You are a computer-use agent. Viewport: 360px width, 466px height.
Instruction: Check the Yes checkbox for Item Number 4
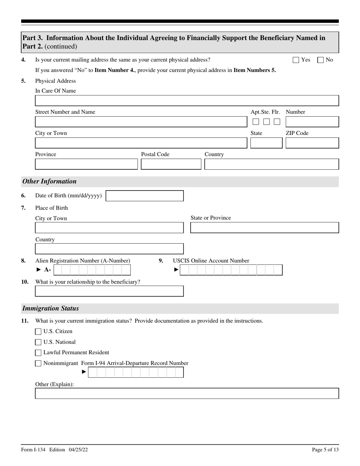pos(296,60)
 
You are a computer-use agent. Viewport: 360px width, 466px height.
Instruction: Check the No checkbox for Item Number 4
pos(320,60)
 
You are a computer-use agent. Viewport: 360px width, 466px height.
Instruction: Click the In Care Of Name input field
pos(187,101)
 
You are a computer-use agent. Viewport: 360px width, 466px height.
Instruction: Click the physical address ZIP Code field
pos(312,143)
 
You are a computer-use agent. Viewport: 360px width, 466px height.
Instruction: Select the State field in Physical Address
pos(266,143)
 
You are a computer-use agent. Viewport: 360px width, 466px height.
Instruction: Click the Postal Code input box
pos(171,164)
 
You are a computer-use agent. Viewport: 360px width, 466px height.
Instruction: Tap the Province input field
pos(86,164)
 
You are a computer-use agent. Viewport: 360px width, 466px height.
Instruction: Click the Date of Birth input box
pos(144,196)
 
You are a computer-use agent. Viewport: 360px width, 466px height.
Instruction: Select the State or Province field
pos(264,228)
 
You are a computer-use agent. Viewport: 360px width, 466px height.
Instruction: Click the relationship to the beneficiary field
pos(109,291)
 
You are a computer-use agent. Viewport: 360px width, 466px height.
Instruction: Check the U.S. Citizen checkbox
pos(38,332)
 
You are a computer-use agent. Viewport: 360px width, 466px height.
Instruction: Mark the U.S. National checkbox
pos(38,342)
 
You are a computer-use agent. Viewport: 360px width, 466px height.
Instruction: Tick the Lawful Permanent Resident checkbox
pos(38,353)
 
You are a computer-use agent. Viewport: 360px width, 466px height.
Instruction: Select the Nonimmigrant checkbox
pos(38,363)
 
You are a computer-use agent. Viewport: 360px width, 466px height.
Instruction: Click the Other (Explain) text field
pos(187,394)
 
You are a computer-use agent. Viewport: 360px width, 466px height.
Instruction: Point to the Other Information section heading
pos(49,181)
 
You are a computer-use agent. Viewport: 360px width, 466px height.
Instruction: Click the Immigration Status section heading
pos(50,308)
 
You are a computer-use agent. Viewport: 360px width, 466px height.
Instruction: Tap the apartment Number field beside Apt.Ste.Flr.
pos(312,122)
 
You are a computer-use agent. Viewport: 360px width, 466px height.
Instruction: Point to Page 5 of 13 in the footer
pos(325,450)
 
